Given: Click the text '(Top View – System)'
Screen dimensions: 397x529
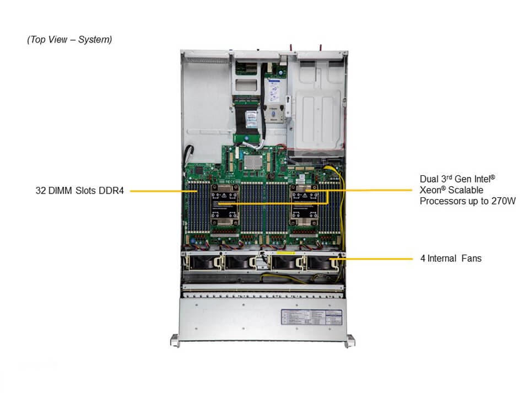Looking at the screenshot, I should (69, 40).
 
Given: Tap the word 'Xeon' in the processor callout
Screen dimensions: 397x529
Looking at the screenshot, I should (431, 190).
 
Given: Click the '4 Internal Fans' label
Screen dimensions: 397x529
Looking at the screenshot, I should (450, 258).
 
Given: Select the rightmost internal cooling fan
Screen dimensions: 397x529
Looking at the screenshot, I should (322, 262).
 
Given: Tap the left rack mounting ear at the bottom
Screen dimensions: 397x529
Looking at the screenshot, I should (175, 341).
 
